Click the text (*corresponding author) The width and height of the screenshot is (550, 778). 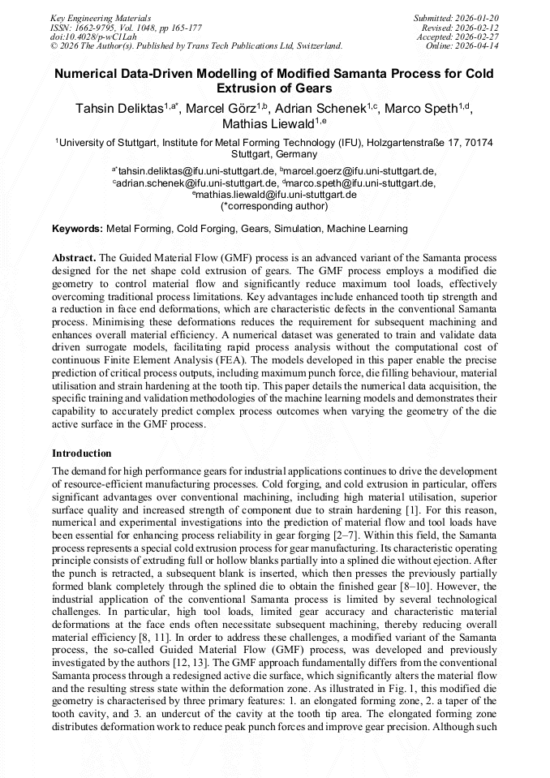(274, 206)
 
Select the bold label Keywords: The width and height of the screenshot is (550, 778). (77, 230)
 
